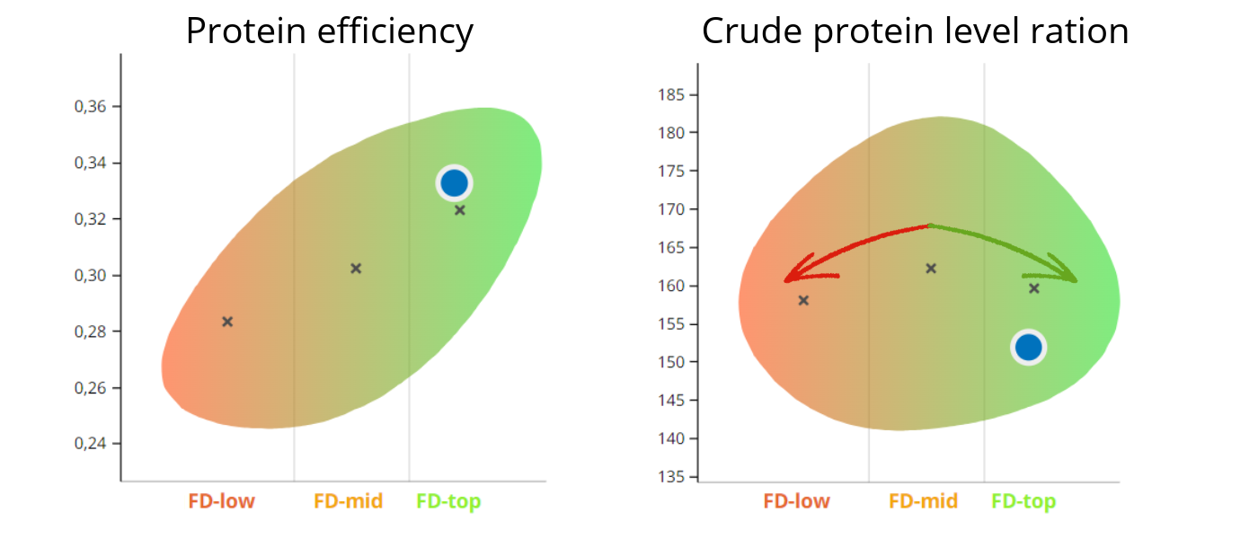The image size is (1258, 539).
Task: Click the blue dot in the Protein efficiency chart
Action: coord(455,183)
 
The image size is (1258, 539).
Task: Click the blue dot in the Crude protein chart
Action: coord(1028,347)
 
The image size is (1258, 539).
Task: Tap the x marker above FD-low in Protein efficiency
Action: coord(227,322)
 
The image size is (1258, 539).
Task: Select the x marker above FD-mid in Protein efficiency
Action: coord(356,269)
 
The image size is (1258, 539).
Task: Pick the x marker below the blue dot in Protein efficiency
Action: coord(459,210)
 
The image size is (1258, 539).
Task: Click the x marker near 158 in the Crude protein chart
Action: coord(803,300)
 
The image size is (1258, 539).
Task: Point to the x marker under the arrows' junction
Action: coord(931,269)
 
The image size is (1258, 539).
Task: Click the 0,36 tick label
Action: coord(90,107)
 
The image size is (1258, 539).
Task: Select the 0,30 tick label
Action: coord(90,276)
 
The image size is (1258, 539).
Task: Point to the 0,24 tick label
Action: coord(90,444)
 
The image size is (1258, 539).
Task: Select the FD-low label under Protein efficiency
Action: coord(221,501)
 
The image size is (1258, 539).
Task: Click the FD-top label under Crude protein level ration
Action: coord(1023,501)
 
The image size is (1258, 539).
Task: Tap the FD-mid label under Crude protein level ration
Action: coord(923,501)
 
